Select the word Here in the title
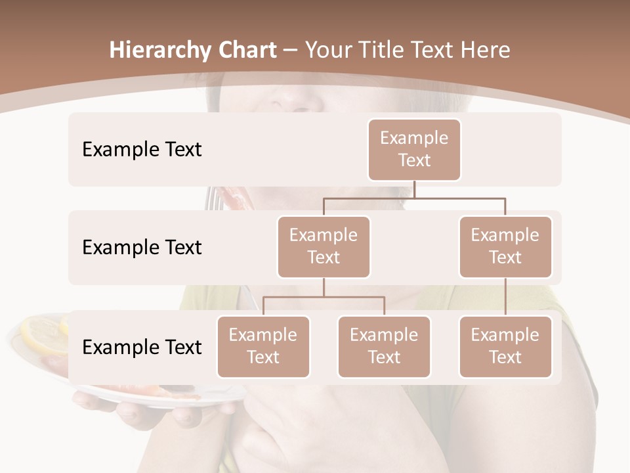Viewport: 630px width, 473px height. (x=485, y=51)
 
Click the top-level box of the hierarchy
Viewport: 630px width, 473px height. (x=414, y=149)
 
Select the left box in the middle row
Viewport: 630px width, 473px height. (x=324, y=246)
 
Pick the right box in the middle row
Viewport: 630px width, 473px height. (x=505, y=246)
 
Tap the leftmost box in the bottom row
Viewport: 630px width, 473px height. (x=263, y=346)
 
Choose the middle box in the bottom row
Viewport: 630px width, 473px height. (x=384, y=346)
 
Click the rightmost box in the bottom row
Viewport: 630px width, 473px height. (x=505, y=346)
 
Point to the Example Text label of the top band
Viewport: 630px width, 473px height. (x=142, y=149)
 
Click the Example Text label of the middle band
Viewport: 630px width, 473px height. (x=142, y=247)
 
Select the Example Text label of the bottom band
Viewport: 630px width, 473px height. (x=142, y=347)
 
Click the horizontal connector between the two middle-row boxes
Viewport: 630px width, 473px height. (x=414, y=198)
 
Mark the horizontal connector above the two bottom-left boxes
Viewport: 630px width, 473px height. (x=324, y=297)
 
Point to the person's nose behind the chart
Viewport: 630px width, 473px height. (x=299, y=99)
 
